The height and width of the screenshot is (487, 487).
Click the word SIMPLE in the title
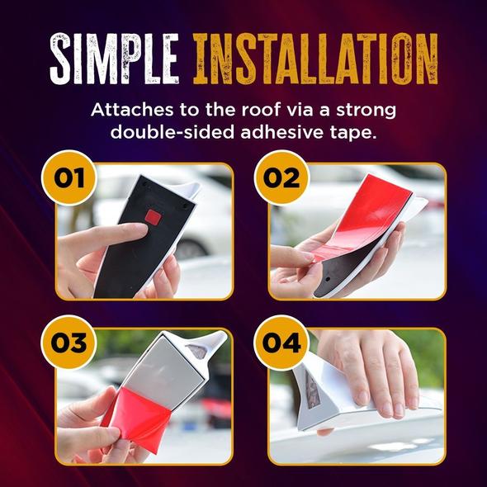[114, 59]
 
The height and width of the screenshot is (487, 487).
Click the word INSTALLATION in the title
[315, 59]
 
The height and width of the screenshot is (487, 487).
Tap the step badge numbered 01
[69, 177]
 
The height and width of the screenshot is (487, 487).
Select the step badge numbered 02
[281, 177]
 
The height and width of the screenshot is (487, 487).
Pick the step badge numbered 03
[69, 343]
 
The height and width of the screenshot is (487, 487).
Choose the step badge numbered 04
[281, 343]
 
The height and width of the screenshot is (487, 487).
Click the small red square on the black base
[153, 217]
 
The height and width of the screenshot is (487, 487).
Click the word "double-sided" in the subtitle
[173, 133]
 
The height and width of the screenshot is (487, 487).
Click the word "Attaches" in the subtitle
[132, 110]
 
